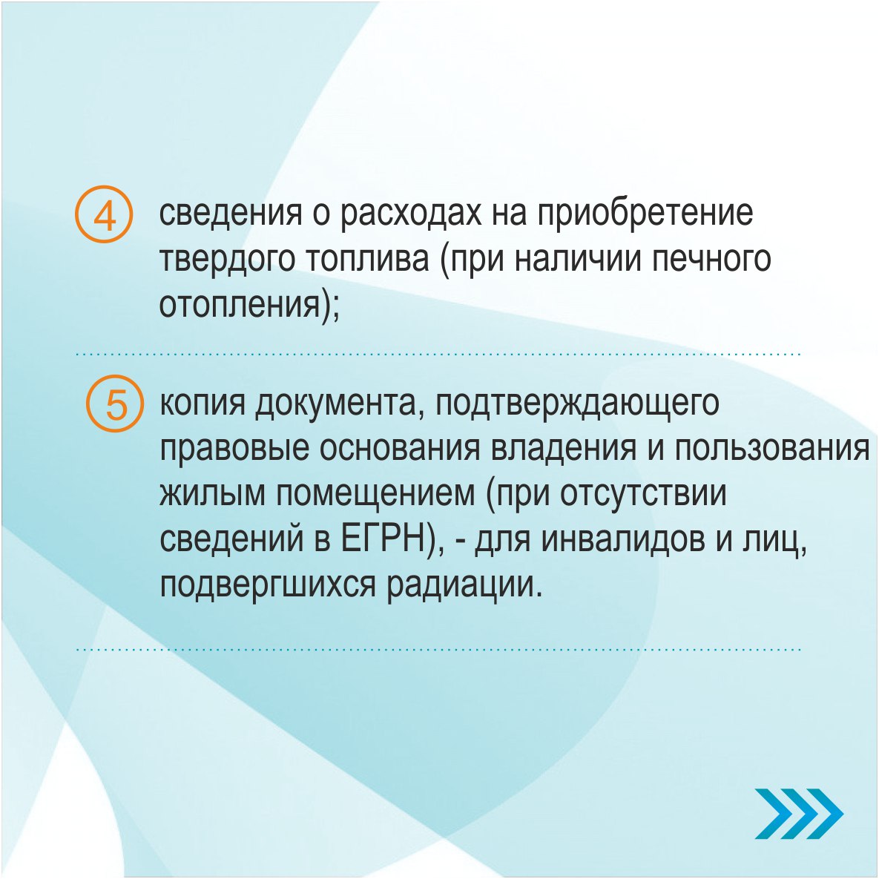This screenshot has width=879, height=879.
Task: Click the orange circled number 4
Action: coord(104,214)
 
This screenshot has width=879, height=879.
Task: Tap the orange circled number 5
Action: coord(116,403)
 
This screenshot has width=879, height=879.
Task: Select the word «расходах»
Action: coord(409,214)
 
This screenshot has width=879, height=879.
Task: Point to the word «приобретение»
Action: coord(645,214)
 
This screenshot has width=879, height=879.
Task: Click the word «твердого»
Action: coord(227,260)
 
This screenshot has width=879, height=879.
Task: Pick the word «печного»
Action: coord(713,260)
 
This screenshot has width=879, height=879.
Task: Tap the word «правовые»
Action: coord(234,448)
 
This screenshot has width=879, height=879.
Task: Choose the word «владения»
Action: coord(564,448)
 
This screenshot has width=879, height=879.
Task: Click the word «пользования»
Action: coord(771,448)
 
